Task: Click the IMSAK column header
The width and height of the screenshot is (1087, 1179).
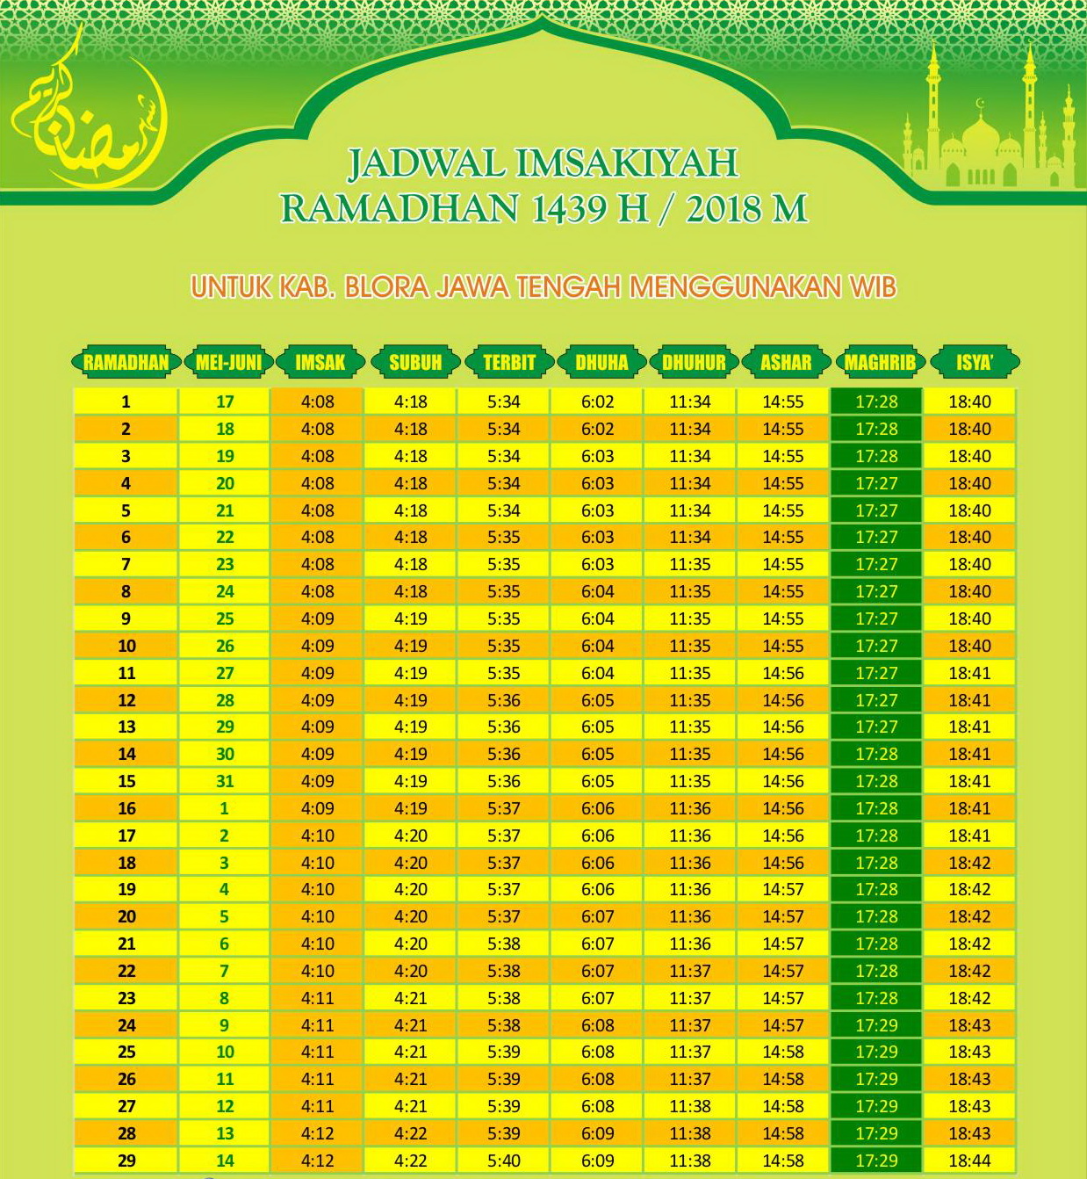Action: [320, 362]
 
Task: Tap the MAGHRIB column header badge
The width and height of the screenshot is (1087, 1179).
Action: [880, 362]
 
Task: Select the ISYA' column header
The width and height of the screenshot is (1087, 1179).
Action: [974, 362]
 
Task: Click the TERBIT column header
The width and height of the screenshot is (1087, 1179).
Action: [508, 362]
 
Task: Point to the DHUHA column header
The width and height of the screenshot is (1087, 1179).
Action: [601, 362]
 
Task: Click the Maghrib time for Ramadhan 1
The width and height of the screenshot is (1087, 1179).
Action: [876, 401]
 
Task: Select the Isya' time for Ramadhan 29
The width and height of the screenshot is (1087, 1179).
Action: [969, 1161]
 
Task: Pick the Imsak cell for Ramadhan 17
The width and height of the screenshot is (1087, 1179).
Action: [317, 835]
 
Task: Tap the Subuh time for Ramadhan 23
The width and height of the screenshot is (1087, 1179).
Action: [411, 998]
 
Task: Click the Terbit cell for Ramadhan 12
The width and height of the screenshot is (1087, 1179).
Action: [504, 700]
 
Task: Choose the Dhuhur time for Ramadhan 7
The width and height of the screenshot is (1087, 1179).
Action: [690, 564]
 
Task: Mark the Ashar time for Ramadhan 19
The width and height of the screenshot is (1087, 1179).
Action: [783, 889]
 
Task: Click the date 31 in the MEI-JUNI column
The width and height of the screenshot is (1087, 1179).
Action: [225, 781]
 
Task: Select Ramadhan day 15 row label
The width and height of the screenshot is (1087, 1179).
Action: [126, 781]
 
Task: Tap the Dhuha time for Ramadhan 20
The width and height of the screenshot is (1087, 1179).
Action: [597, 916]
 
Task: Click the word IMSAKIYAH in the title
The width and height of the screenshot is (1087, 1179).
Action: [627, 163]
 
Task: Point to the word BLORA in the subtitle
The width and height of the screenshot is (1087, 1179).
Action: [386, 287]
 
